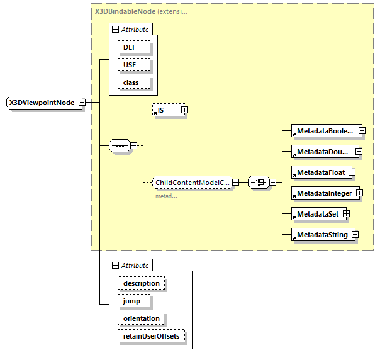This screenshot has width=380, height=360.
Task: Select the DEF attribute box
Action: coord(129,47)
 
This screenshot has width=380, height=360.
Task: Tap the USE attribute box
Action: coord(129,65)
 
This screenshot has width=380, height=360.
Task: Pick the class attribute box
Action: coord(131,82)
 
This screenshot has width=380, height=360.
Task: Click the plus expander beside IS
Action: coord(184,110)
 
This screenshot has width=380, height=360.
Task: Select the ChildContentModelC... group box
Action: coord(192,183)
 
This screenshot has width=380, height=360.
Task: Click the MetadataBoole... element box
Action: coord(324,130)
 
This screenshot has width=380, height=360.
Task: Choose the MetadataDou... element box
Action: coord(323,152)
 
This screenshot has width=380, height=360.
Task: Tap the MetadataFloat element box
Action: coord(320,172)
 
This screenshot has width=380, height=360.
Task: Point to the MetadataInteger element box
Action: coord(324,193)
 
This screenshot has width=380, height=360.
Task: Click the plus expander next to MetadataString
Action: coord(355,235)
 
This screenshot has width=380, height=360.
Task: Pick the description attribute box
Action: coord(141,283)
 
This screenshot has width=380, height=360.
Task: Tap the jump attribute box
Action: coord(132,301)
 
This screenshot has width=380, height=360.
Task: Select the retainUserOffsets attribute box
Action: coord(150,336)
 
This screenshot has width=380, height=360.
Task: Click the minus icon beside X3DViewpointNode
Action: coord(82,103)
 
